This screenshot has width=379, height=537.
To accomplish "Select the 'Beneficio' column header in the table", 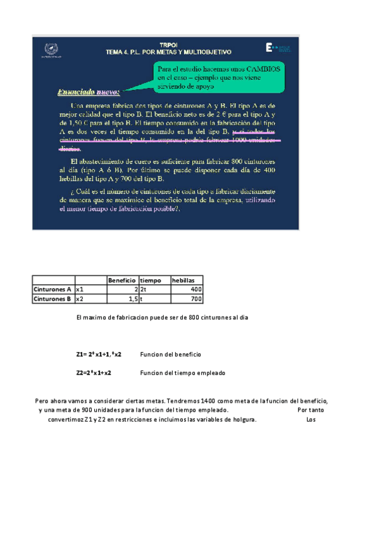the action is tap(121, 280).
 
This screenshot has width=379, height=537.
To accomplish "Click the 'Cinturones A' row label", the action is tap(53, 289).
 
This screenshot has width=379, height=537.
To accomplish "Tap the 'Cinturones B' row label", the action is tap(53, 299).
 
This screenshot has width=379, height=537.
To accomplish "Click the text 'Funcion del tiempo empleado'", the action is tap(182, 373).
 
